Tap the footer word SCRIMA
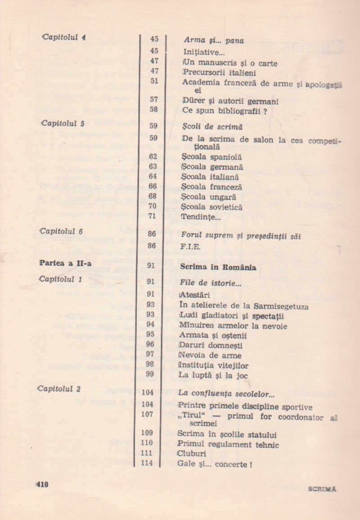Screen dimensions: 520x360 click(x=323, y=489)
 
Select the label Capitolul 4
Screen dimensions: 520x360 click(x=63, y=37)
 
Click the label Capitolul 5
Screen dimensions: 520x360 click(x=63, y=124)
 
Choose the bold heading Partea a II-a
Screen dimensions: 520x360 click(x=65, y=264)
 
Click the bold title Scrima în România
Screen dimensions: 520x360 click(x=218, y=267)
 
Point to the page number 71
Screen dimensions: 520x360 click(x=152, y=216)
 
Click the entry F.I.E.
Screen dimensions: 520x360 click(x=190, y=247)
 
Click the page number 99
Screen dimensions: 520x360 click(x=150, y=374)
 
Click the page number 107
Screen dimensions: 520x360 click(x=147, y=414)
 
